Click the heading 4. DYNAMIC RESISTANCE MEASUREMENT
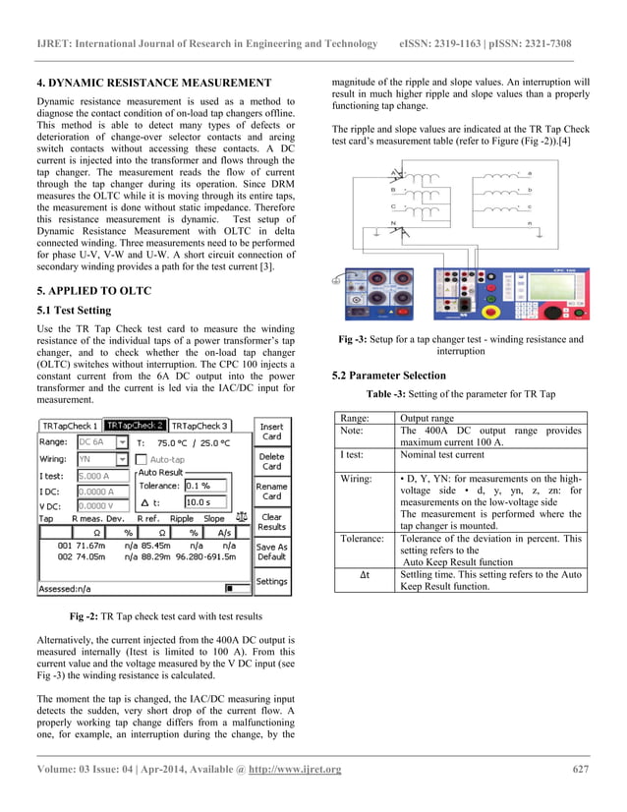coord(153,83)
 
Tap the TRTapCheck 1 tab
coord(70,426)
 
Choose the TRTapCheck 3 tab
coord(199,426)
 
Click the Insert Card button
coord(272,432)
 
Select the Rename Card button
coord(272,491)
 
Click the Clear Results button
coord(272,521)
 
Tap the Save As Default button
coord(272,551)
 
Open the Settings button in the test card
coord(272,582)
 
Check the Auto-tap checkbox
coord(142,459)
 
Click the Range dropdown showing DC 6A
coord(102,442)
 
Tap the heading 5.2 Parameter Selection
coord(389,376)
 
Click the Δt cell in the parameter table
coord(365,574)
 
